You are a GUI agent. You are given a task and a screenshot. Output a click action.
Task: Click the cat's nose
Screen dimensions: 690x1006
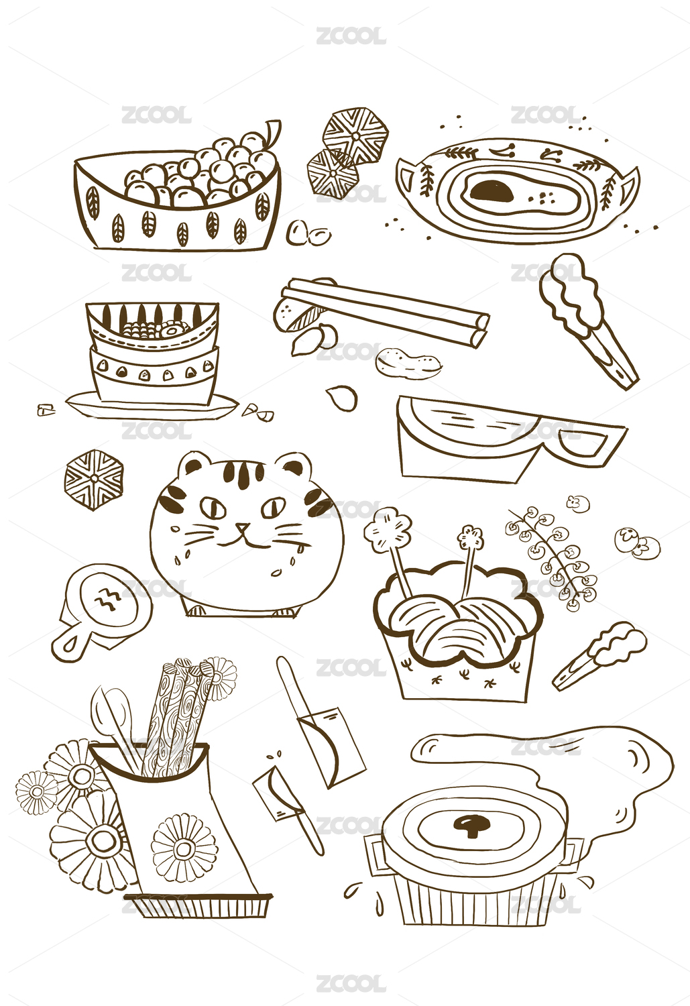click(x=243, y=526)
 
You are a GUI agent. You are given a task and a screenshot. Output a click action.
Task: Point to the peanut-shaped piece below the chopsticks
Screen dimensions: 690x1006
click(x=408, y=361)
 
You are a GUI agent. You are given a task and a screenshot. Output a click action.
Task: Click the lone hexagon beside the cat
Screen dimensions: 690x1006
click(x=94, y=480)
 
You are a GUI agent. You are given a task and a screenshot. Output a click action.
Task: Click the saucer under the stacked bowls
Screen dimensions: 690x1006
click(x=152, y=404)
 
